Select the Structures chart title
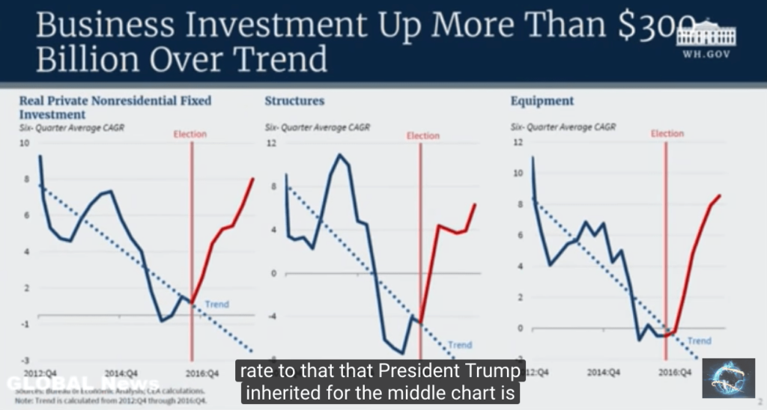294,101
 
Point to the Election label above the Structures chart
423,135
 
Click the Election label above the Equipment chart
667,134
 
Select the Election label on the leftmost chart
190,135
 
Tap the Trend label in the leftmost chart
216,305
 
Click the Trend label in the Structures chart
460,345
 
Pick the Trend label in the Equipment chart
699,341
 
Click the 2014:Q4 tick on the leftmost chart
120,372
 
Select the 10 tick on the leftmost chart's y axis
23,143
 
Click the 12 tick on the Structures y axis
272,143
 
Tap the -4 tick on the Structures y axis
272,316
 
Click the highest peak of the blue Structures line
339,155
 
